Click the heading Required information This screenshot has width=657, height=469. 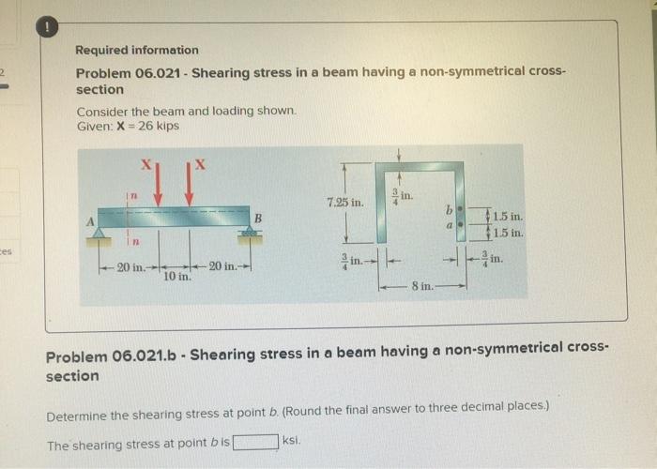(x=137, y=50)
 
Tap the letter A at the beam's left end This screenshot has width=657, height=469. (x=92, y=222)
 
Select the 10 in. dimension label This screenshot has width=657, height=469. (x=176, y=277)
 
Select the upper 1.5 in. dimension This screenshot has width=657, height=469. (x=508, y=217)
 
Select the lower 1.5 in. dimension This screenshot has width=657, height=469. (x=508, y=233)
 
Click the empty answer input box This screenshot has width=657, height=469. (x=256, y=441)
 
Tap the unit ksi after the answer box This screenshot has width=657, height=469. (x=292, y=440)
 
